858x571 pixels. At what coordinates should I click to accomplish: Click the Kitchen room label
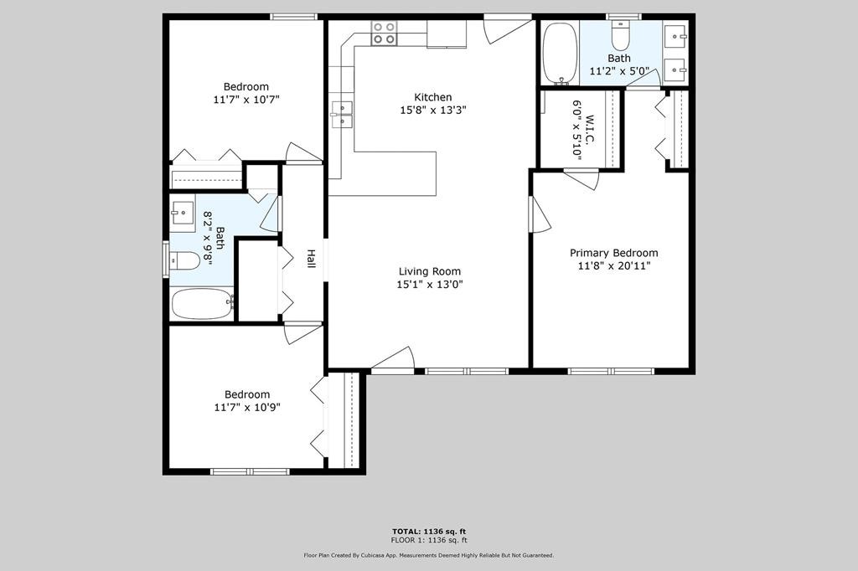point(432,97)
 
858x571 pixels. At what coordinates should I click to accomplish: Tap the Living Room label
point(429,271)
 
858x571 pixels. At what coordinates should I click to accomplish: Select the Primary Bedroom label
point(613,253)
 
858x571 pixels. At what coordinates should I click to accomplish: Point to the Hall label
point(311,259)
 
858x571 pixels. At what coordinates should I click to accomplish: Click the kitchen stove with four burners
point(384,33)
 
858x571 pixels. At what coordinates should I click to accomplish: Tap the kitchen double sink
point(341,114)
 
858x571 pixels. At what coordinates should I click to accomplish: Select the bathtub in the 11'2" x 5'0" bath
point(559,52)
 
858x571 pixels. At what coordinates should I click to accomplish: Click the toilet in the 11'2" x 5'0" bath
point(620,36)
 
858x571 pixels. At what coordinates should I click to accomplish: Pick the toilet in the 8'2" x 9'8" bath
point(185,261)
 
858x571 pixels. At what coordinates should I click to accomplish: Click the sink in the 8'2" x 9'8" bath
point(182,213)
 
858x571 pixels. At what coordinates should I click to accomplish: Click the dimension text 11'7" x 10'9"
point(246,408)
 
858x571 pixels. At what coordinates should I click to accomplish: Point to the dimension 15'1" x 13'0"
point(429,285)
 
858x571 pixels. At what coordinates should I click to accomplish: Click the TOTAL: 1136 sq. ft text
point(429,532)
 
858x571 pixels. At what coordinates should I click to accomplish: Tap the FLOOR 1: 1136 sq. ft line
point(429,541)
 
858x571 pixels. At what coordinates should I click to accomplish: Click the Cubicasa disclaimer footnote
point(429,555)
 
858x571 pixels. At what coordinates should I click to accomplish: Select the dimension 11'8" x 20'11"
point(613,266)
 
